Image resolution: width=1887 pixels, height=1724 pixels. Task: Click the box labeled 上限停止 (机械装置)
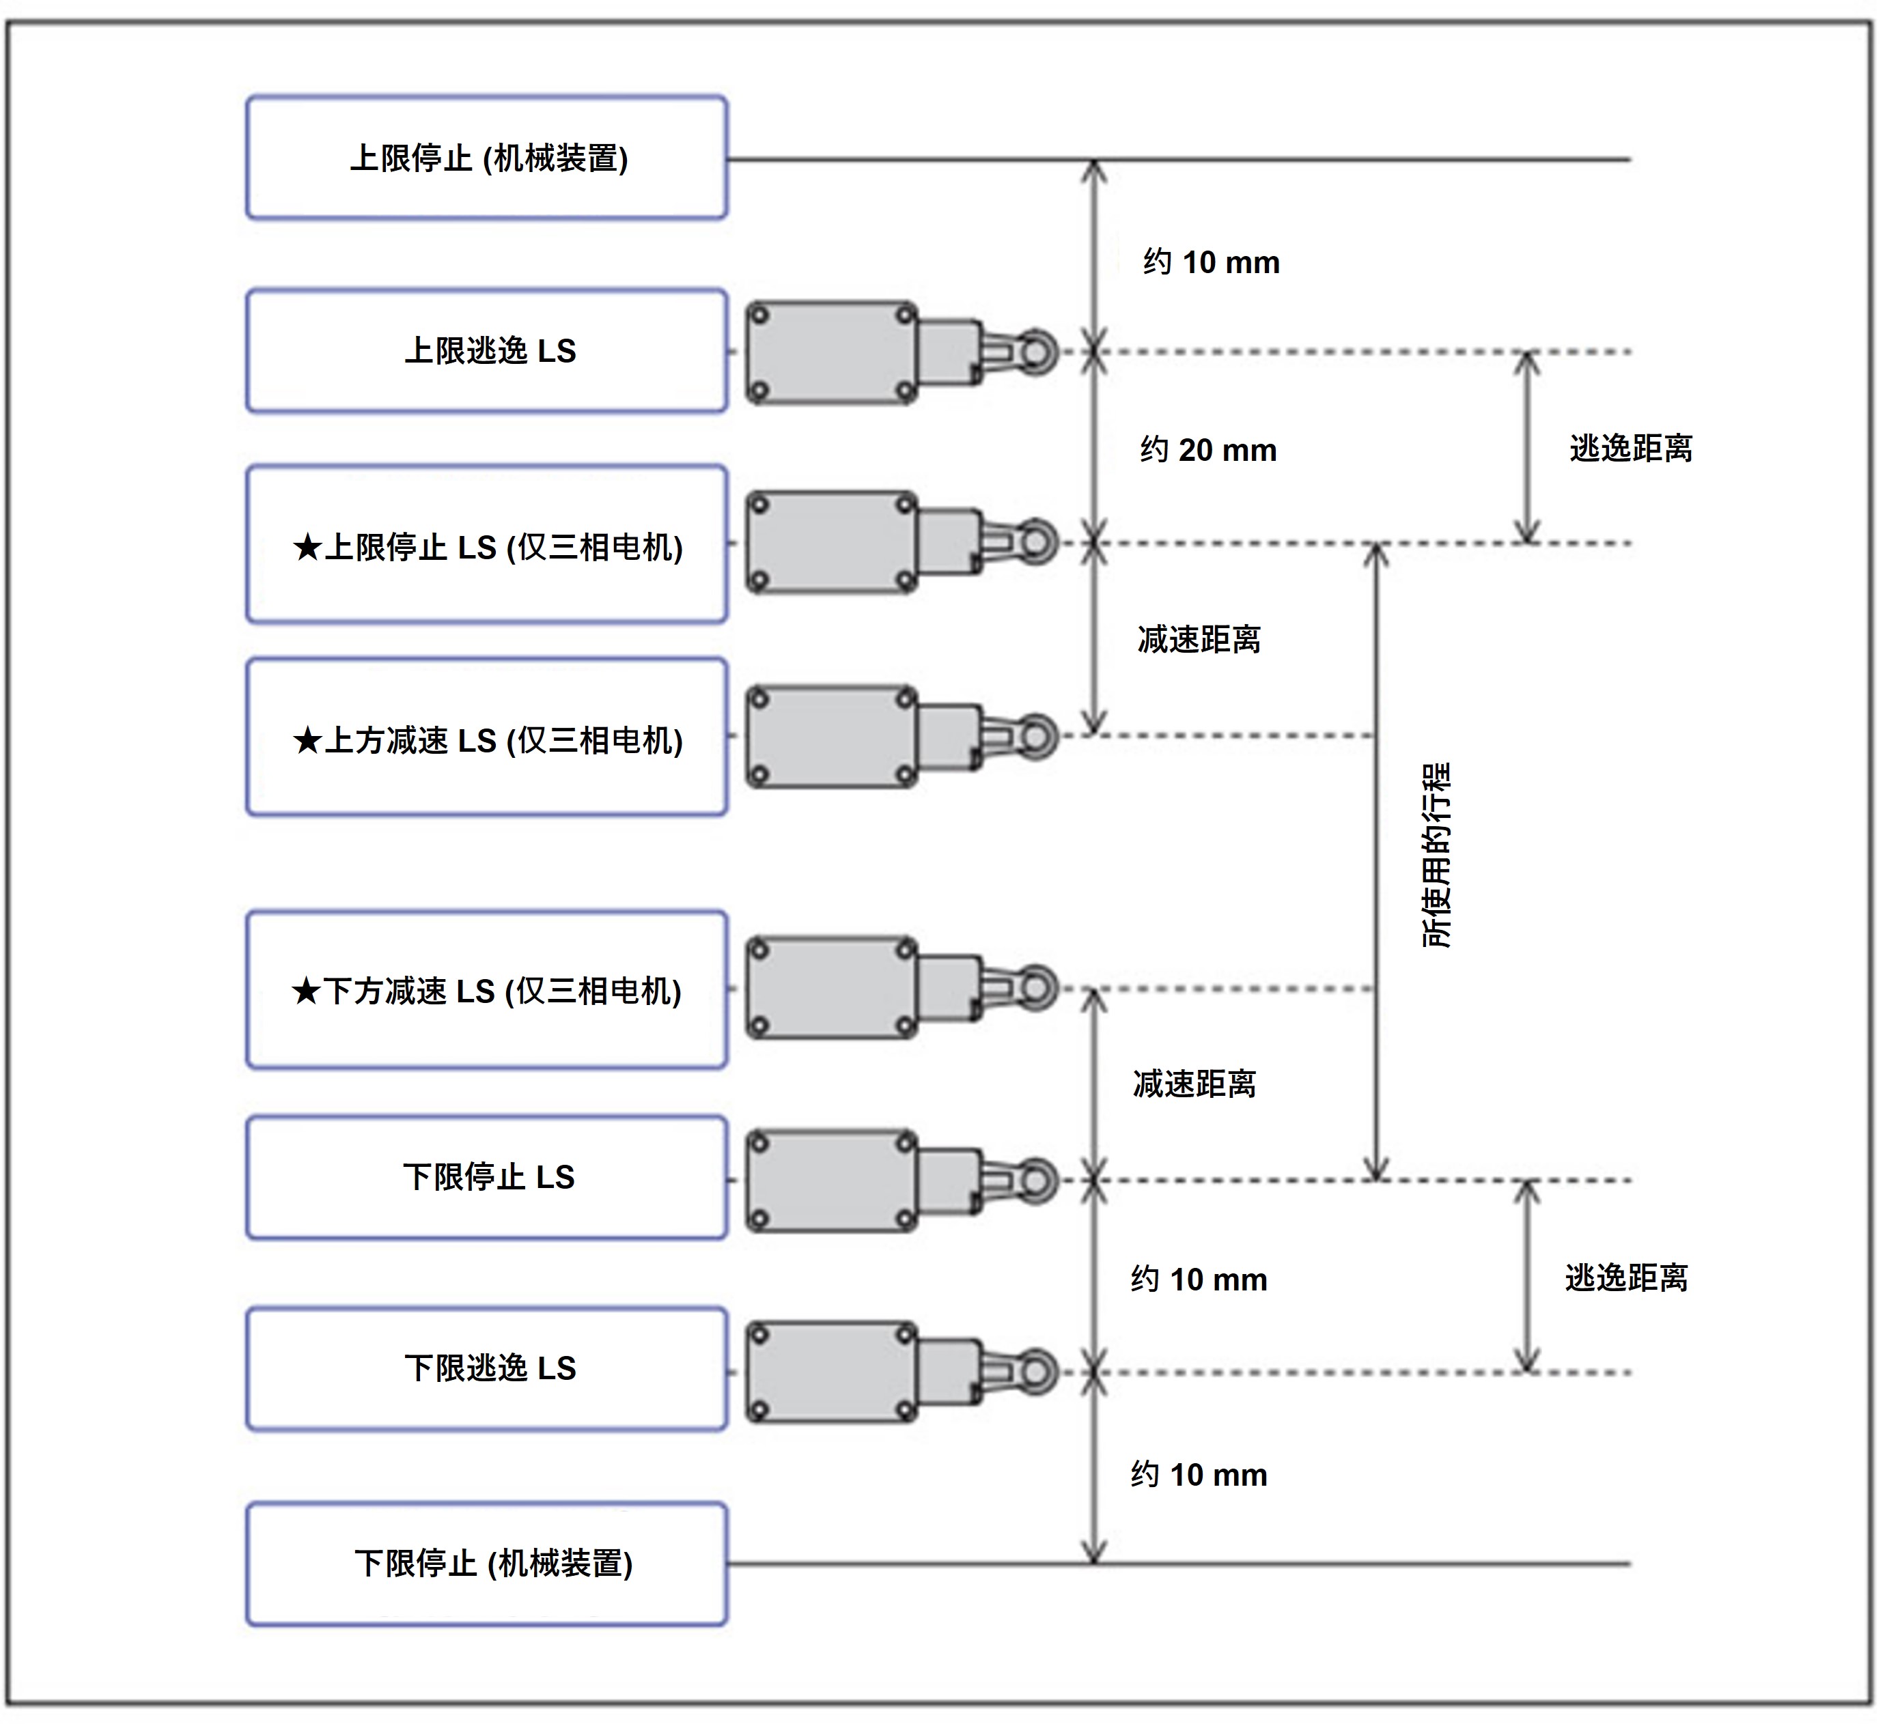click(x=487, y=157)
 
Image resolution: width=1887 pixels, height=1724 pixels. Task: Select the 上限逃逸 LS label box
click(x=487, y=351)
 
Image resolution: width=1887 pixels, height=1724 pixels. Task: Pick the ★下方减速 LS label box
click(x=487, y=990)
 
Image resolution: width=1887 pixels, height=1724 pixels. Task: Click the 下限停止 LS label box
click(x=487, y=1177)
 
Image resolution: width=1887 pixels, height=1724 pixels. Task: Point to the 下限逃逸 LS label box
click(x=487, y=1369)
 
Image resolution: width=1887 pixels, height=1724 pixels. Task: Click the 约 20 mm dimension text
click(x=1208, y=450)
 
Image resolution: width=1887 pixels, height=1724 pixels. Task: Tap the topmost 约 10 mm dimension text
click(x=1211, y=262)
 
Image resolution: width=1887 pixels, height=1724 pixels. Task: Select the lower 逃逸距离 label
click(x=1626, y=1277)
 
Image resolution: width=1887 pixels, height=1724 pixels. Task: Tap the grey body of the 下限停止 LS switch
click(x=831, y=1181)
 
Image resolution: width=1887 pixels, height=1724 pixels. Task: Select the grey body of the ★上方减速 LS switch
click(x=831, y=737)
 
